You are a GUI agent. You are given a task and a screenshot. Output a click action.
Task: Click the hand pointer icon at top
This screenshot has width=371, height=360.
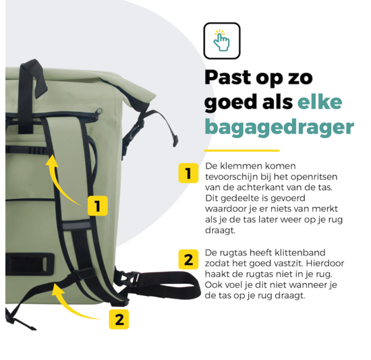(x=221, y=40)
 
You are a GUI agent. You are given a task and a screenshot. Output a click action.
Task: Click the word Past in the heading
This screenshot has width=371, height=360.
(x=232, y=78)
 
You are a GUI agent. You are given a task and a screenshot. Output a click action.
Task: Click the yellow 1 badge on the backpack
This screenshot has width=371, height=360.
(x=97, y=205)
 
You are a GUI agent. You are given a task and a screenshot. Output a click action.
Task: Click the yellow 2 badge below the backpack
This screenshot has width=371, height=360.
(x=119, y=319)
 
